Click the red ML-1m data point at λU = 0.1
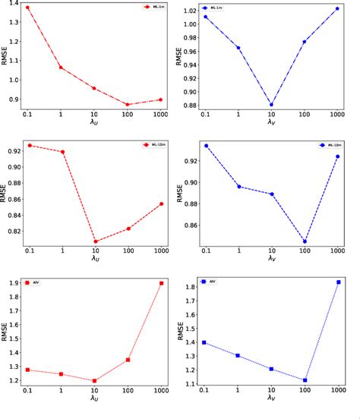(x=28, y=8)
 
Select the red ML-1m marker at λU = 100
(x=128, y=104)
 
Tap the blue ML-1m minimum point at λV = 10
(x=271, y=105)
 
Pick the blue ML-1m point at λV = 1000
(x=337, y=8)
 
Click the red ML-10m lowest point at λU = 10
(x=95, y=241)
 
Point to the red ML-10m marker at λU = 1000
(x=161, y=203)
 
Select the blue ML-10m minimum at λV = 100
(x=305, y=241)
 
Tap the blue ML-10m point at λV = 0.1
(x=205, y=146)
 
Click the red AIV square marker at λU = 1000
(x=161, y=283)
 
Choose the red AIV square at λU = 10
(x=95, y=381)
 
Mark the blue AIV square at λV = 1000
(x=338, y=282)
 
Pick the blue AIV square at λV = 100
(x=305, y=380)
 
